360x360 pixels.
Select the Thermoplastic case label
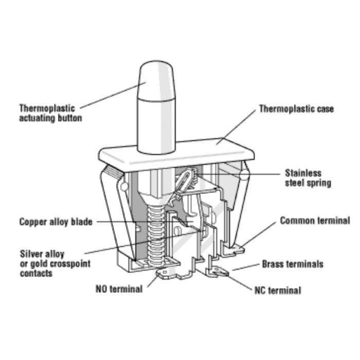coord(296,109)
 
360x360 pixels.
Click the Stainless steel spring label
coord(308,178)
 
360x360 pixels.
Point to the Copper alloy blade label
coord(56,222)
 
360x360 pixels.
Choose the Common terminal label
coord(315,221)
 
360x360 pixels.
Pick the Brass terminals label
coord(293,264)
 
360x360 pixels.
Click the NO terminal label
coord(119,289)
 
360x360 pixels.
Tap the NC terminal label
coord(278,291)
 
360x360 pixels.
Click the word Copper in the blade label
coord(31,222)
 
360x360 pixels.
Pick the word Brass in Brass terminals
coord(273,264)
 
